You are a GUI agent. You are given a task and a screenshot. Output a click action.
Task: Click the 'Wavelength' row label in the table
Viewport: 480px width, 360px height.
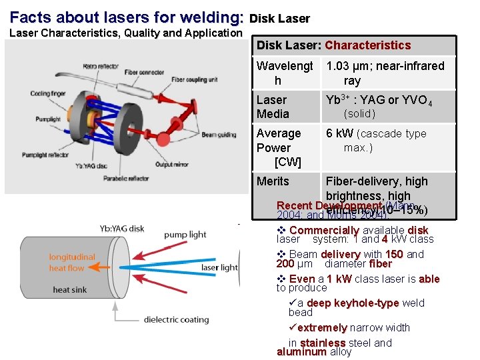pyautogui.click(x=285, y=73)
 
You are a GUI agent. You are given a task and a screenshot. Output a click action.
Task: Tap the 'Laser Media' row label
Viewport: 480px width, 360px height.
pyautogui.click(x=273, y=107)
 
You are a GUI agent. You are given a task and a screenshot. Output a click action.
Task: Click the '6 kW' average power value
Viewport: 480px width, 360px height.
pyautogui.click(x=340, y=133)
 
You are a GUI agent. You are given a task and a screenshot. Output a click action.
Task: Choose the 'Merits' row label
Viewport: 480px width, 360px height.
pyautogui.click(x=273, y=181)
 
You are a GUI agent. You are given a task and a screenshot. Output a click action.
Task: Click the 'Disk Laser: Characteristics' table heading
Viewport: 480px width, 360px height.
pyautogui.click(x=333, y=45)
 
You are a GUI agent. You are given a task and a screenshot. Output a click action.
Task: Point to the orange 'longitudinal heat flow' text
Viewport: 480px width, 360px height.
pyautogui.click(x=71, y=262)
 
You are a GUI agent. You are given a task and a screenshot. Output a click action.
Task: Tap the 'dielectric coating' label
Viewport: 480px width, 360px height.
pyautogui.click(x=176, y=319)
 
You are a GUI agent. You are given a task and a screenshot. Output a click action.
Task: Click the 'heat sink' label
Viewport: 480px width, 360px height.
pyautogui.click(x=70, y=289)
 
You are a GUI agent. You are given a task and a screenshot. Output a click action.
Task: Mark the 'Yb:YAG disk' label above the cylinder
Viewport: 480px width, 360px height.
pyautogui.click(x=122, y=228)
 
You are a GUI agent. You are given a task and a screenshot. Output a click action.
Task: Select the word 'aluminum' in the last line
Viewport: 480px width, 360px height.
pyautogui.click(x=301, y=351)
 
